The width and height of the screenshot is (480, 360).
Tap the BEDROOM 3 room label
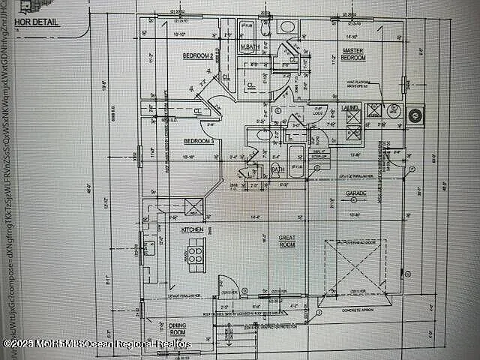(x=199, y=141)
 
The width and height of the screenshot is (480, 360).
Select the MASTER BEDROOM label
(x=352, y=54)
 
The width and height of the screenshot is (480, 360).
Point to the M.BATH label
(x=250, y=48)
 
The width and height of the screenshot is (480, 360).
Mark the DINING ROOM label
(x=178, y=328)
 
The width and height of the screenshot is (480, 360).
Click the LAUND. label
(x=350, y=109)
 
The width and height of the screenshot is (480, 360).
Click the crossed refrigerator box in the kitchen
(x=173, y=206)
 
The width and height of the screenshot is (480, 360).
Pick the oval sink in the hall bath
(x=263, y=135)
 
